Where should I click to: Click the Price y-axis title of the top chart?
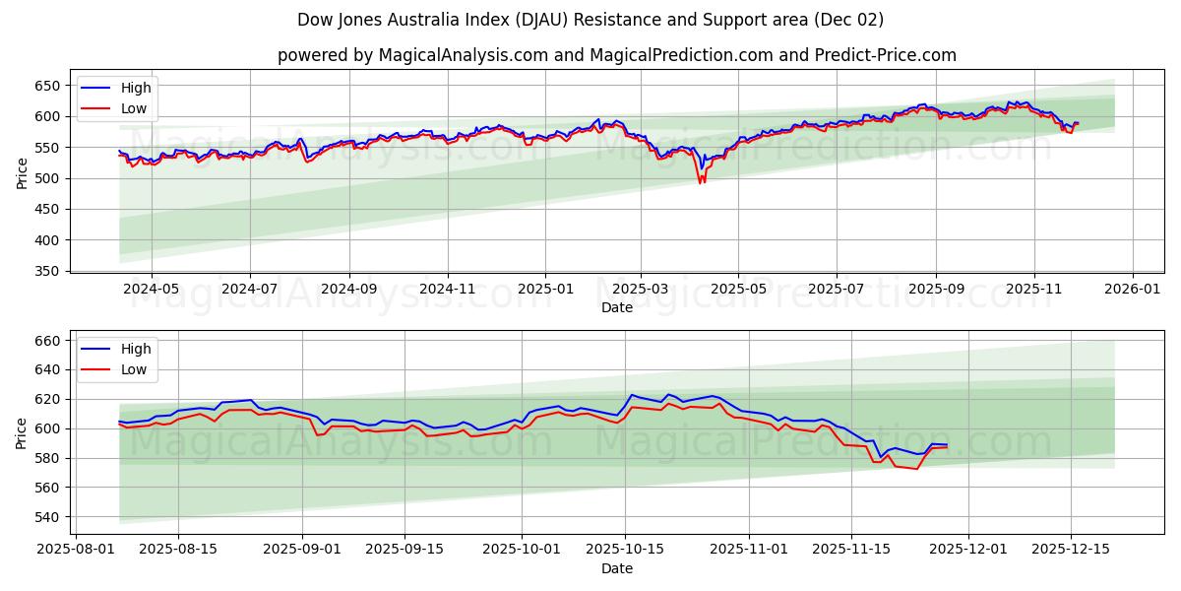(x=22, y=173)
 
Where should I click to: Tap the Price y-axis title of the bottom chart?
(x=22, y=433)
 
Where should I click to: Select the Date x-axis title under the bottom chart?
(x=617, y=568)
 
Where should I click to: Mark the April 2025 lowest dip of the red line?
(x=701, y=183)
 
